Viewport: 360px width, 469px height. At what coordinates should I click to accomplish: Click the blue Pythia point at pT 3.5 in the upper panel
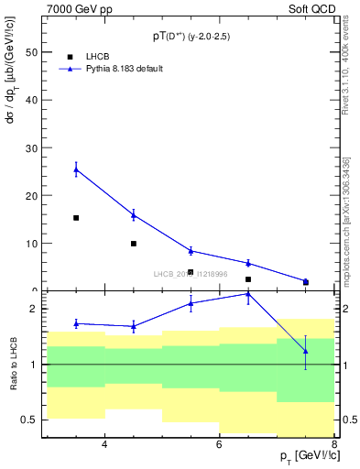pyautogui.click(x=76, y=169)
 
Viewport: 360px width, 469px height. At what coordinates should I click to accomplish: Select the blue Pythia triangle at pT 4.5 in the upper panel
pyautogui.click(x=134, y=215)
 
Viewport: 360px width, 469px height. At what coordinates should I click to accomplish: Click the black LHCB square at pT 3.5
pyautogui.click(x=76, y=218)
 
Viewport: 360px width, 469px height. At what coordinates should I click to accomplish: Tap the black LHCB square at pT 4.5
pyautogui.click(x=134, y=244)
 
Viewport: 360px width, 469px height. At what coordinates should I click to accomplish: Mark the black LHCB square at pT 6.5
pyautogui.click(x=248, y=279)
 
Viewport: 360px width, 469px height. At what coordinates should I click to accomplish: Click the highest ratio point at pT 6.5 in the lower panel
pyautogui.click(x=248, y=294)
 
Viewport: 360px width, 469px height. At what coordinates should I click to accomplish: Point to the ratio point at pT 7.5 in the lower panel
pyautogui.click(x=306, y=352)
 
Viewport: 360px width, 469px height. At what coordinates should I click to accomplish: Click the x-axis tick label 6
pyautogui.click(x=220, y=444)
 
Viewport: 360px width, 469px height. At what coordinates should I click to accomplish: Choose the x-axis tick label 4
pyautogui.click(x=104, y=444)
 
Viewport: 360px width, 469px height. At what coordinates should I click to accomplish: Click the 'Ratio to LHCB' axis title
pyautogui.click(x=13, y=364)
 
